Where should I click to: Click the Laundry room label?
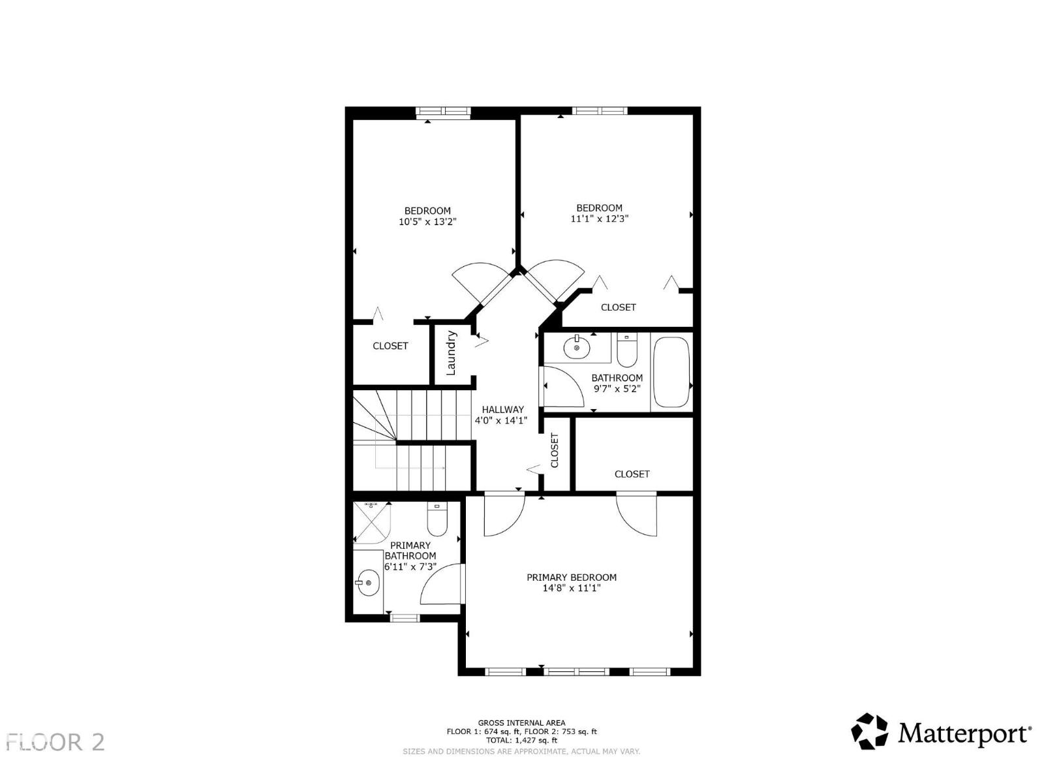point(451,353)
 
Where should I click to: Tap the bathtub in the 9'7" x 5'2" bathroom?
point(671,372)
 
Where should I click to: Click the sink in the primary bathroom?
point(368,582)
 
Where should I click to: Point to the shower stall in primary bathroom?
point(371,522)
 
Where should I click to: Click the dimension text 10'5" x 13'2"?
point(427,222)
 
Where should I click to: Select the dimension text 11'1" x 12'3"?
point(599,219)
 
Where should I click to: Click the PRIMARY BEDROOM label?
point(572,577)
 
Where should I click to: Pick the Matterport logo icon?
point(870,731)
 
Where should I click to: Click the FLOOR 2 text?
point(55,743)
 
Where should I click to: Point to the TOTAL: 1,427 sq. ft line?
point(521,741)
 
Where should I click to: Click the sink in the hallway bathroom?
point(577,347)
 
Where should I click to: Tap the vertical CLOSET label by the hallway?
point(555,450)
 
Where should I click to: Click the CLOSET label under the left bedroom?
point(390,346)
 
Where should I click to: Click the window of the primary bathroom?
point(404,617)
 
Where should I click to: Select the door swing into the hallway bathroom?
point(562,387)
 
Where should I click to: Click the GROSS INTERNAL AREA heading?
point(521,723)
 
